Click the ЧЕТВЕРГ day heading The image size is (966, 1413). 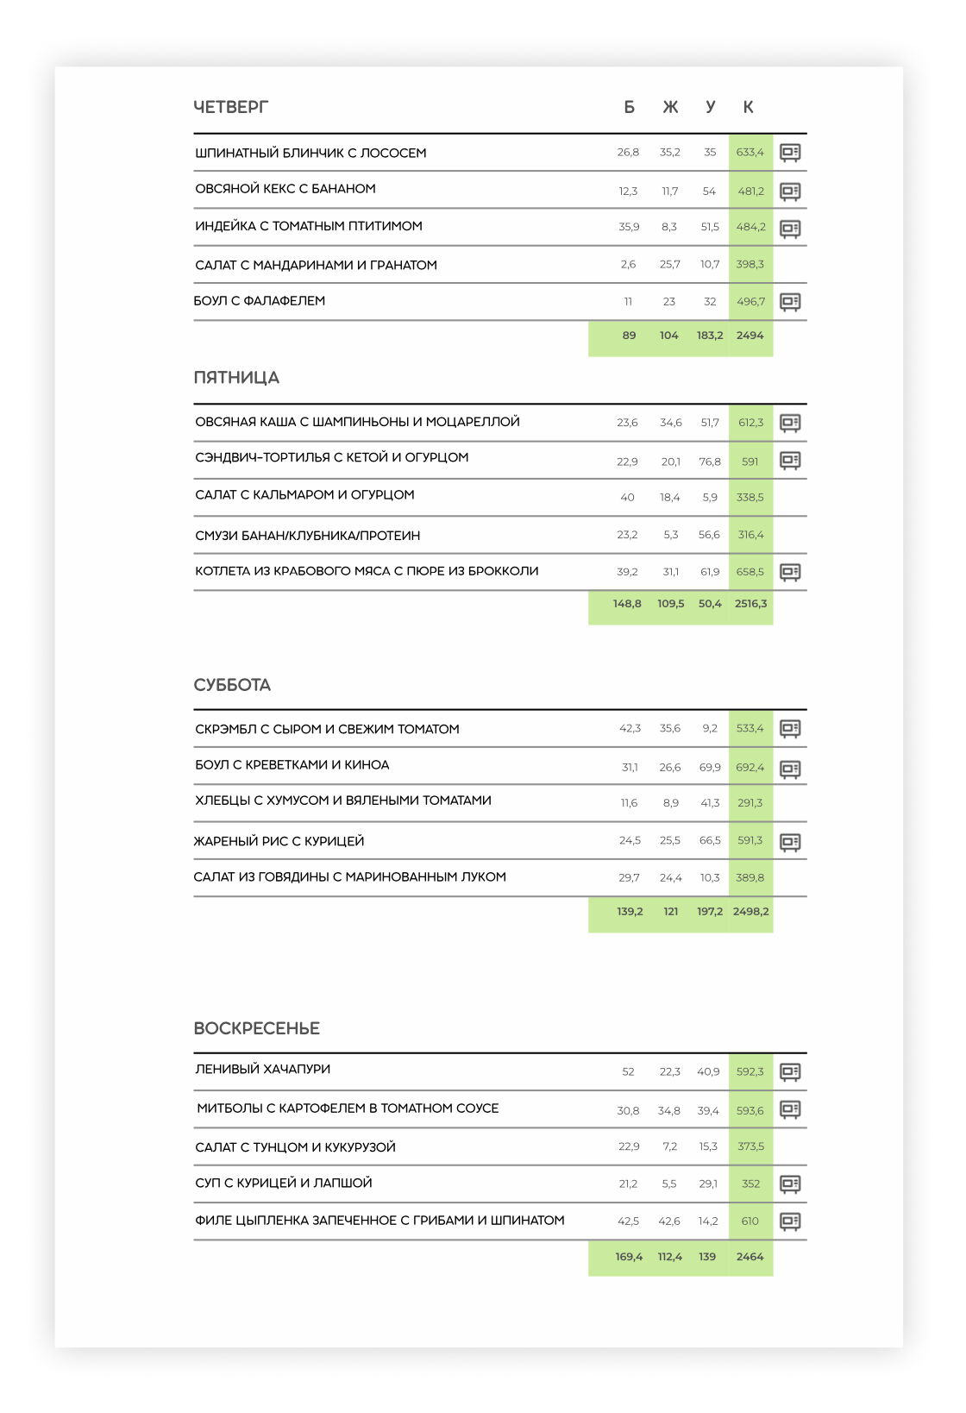coord(230,107)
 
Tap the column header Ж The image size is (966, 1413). coord(670,107)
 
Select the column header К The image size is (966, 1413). coord(748,107)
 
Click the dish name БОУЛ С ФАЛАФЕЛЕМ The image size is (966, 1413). coord(260,301)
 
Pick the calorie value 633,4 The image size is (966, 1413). coord(750,153)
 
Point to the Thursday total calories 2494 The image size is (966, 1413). coord(750,336)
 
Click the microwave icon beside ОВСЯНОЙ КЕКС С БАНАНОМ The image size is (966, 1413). coord(790,191)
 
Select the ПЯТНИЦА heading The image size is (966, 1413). coord(236,378)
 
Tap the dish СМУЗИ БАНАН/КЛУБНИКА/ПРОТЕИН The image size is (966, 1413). coord(308,536)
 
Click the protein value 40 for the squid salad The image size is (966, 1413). coord(627,498)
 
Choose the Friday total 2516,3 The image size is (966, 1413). coord(750,604)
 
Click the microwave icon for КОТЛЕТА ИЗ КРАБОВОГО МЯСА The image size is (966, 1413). coord(790,572)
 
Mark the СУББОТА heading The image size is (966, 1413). coord(232,685)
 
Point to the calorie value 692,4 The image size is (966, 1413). coord(750,767)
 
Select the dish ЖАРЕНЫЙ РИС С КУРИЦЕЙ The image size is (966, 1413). coord(279,841)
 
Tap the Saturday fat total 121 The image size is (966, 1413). coord(670,912)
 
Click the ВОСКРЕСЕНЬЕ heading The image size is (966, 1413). coord(256,1028)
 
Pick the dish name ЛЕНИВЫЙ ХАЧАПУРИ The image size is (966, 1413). coord(263,1070)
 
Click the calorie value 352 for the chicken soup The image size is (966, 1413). coord(750,1184)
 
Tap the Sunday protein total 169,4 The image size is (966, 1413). coord(629,1257)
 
